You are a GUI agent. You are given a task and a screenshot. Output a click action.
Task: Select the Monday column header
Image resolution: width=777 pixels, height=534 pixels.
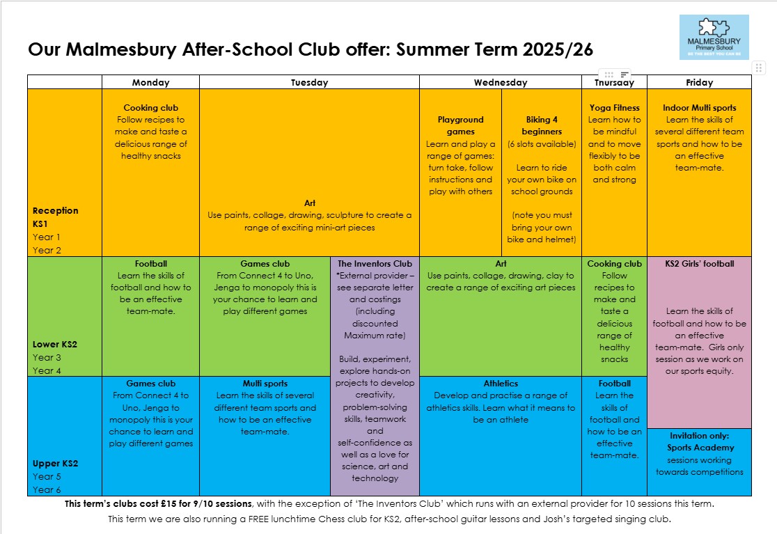150,82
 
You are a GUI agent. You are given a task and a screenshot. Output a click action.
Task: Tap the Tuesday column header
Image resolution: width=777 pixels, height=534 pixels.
309,82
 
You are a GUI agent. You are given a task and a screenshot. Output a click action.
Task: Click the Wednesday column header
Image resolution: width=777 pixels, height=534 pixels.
500,82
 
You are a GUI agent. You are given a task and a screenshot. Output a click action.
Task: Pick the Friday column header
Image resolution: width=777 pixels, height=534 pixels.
699,82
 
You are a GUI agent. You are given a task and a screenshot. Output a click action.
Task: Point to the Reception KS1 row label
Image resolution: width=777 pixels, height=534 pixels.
56,217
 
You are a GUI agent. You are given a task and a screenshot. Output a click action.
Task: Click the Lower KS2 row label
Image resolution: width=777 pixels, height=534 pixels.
55,344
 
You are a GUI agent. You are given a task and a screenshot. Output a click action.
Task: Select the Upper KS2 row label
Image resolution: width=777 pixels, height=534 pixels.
55,464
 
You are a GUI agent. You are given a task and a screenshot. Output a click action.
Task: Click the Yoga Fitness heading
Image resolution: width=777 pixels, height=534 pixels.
614,108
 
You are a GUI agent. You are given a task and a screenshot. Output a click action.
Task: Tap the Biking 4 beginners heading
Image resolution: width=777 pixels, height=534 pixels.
542,125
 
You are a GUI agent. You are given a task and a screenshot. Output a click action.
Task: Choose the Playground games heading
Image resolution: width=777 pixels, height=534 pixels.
460,125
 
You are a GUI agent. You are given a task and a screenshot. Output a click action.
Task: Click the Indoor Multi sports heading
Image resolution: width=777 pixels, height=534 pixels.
699,108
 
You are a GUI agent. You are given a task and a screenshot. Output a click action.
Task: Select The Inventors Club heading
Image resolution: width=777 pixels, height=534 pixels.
375,264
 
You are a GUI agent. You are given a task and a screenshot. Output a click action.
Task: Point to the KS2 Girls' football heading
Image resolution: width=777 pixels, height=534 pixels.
699,264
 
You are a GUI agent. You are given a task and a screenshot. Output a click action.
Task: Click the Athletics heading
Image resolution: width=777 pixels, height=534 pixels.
501,384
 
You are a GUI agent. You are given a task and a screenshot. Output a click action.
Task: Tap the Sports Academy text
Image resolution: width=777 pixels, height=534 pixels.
699,448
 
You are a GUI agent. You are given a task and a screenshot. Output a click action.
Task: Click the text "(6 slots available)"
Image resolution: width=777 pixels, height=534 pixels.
542,144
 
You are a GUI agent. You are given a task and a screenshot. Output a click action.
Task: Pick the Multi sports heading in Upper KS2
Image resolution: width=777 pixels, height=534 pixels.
265,384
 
